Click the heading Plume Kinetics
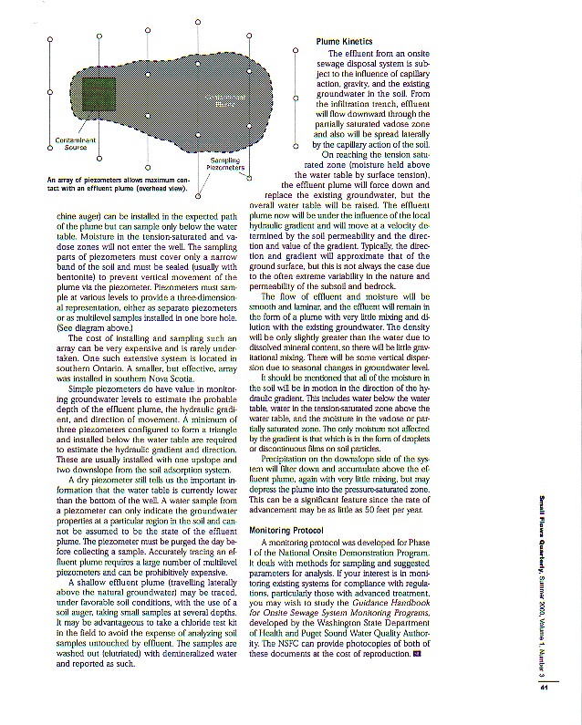[343, 42]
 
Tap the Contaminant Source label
[76, 143]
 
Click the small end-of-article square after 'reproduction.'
[416, 653]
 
